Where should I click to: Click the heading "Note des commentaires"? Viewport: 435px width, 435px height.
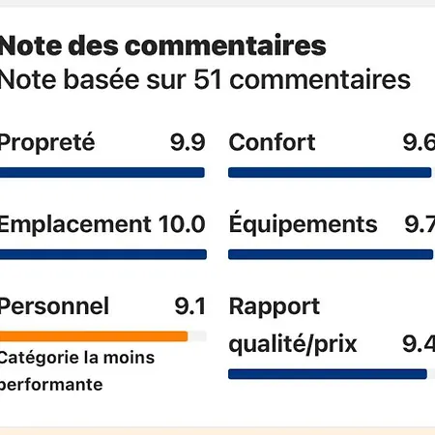click(161, 45)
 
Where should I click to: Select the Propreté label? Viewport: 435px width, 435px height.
click(47, 143)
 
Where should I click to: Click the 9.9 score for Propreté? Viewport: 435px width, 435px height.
click(188, 143)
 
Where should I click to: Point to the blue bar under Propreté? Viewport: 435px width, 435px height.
click(102, 173)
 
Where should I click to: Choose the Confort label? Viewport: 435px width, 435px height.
click(272, 143)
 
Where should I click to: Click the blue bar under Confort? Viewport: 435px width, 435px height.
click(330, 173)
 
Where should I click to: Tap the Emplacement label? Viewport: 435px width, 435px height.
click(74, 224)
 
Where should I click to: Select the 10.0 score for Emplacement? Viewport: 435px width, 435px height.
click(182, 224)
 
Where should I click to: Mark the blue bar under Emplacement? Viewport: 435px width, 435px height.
click(102, 254)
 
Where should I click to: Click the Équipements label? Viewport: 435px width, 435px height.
click(303, 224)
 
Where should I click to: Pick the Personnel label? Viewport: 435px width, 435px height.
click(54, 306)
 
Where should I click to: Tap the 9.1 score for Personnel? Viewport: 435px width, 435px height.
click(189, 306)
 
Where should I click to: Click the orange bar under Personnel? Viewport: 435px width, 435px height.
click(94, 336)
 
